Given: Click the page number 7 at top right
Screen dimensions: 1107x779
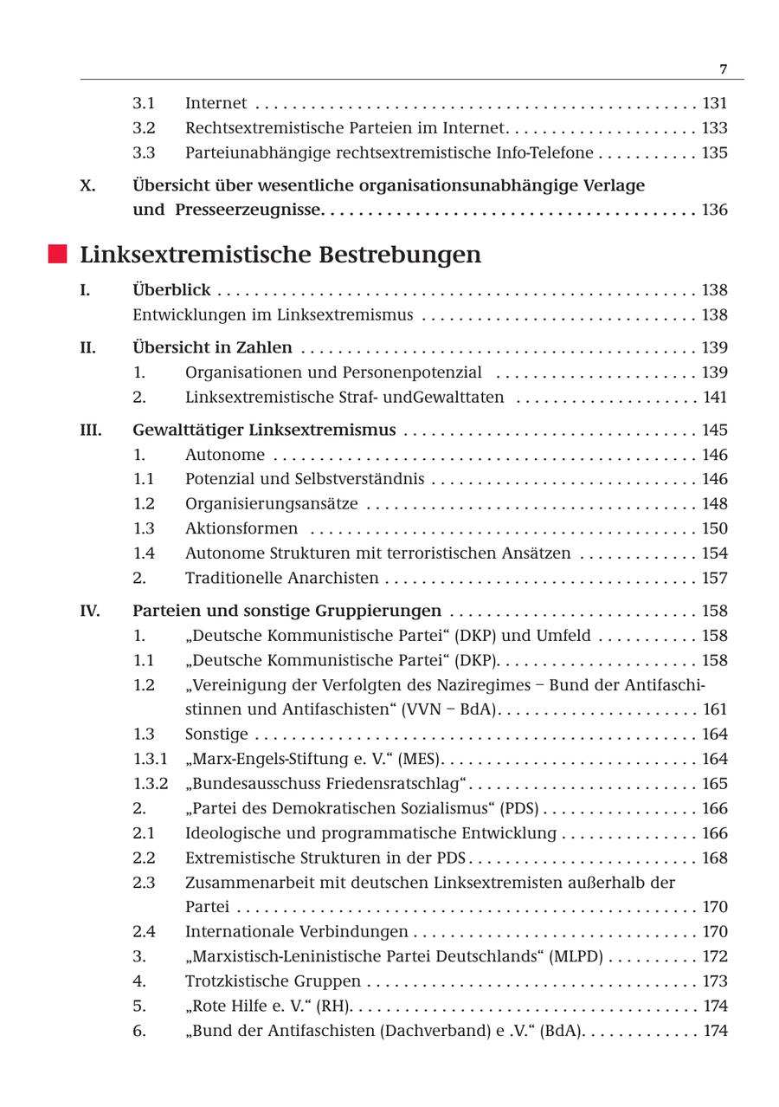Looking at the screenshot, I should (724, 69).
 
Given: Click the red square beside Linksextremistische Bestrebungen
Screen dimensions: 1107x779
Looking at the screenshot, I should (57, 254).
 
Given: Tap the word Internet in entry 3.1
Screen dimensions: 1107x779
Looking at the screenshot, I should (216, 103).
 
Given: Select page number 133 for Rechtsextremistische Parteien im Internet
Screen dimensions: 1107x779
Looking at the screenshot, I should (714, 128).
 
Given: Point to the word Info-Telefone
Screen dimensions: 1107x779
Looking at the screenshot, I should (550, 152).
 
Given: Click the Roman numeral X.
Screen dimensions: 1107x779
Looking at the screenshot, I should (87, 185).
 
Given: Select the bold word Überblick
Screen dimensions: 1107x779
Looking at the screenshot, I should (171, 290).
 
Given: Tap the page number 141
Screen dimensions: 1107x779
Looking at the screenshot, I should (714, 398).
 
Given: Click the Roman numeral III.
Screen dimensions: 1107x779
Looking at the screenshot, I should (91, 430).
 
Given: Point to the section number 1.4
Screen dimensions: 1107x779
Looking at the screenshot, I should (144, 553).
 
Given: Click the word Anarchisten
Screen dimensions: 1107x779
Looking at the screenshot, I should (338, 578).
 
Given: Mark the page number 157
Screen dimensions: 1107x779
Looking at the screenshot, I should (714, 578).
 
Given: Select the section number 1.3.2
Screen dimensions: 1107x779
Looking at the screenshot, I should (150, 784).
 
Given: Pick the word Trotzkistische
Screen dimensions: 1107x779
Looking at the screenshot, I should (238, 981).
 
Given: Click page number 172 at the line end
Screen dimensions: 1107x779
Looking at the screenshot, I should (714, 957).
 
